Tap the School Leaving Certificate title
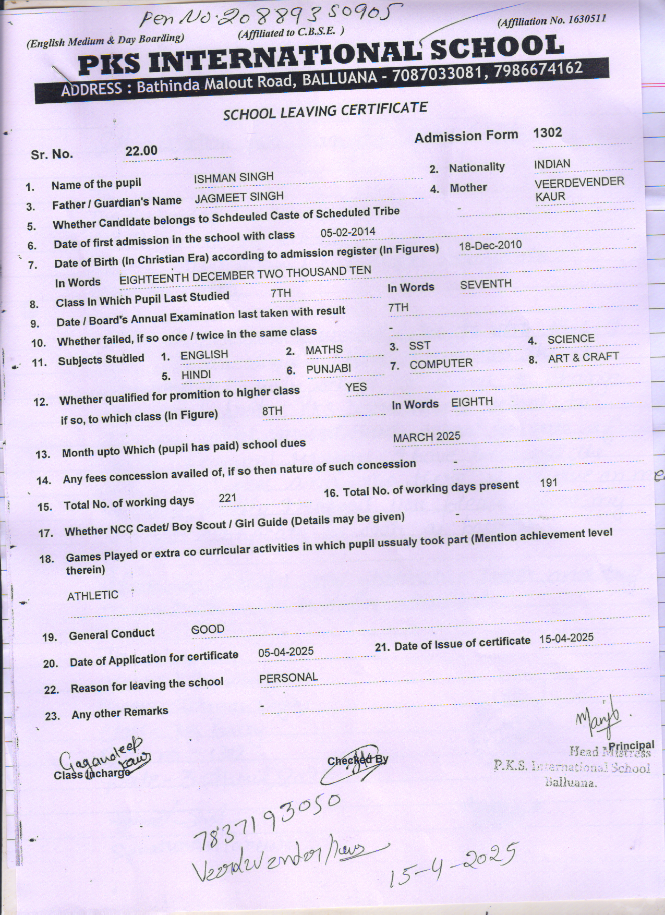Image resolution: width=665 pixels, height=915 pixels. click(x=325, y=111)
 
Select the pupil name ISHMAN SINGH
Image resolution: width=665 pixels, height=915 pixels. click(x=234, y=177)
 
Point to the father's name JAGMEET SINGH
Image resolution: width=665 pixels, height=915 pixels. click(x=239, y=197)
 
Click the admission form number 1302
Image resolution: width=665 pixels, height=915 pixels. click(x=547, y=133)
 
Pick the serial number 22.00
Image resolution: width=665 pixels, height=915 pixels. click(x=141, y=151)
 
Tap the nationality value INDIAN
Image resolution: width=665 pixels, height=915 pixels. click(x=552, y=164)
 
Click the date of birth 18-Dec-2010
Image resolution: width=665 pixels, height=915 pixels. click(x=490, y=245)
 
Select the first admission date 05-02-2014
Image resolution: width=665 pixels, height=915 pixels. click(x=348, y=232)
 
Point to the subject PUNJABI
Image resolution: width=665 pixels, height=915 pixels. click(x=328, y=369)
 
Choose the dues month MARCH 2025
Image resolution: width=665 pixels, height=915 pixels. click(x=427, y=437)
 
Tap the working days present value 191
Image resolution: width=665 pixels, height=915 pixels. click(x=549, y=483)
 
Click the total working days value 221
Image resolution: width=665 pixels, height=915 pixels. click(x=228, y=498)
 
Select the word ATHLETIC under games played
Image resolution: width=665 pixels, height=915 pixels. click(x=93, y=595)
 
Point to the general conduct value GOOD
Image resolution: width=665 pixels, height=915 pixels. click(x=208, y=629)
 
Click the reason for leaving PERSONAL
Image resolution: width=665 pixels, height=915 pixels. click(x=288, y=678)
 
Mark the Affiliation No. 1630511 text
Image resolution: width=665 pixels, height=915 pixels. click(x=552, y=20)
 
